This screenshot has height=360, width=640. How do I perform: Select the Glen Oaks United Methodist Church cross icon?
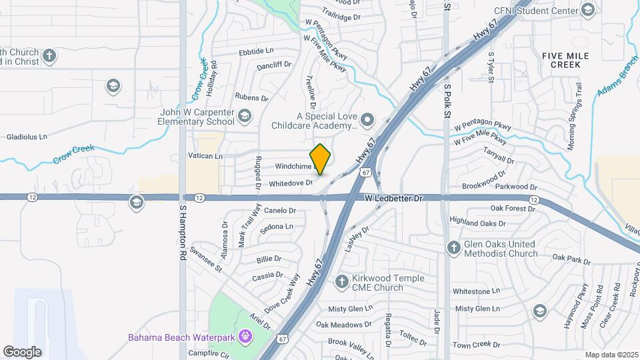453,248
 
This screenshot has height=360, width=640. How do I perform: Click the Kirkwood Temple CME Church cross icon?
342,281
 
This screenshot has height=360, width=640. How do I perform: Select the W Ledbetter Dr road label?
394,199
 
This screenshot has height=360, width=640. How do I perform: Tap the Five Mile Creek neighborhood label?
565,60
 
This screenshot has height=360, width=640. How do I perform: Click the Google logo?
22,351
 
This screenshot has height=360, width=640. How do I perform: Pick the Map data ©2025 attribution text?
611,355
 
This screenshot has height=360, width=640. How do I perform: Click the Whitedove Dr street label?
291,183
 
